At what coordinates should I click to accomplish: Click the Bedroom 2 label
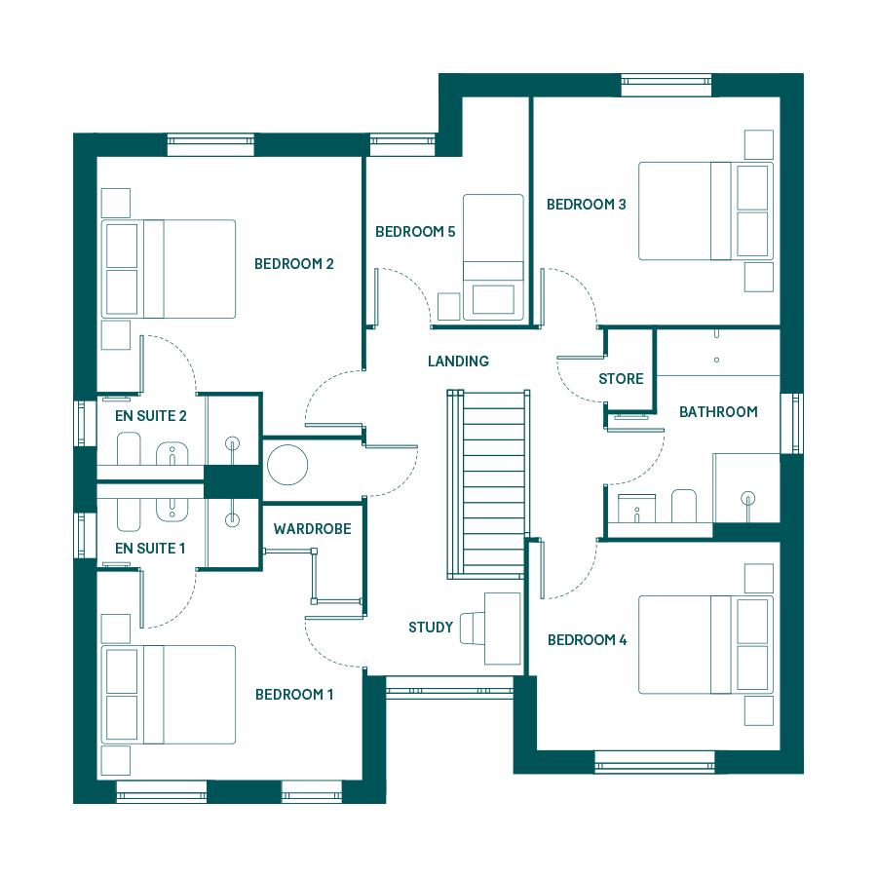tap(293, 263)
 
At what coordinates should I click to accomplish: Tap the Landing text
tap(458, 362)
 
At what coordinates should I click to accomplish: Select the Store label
tap(621, 379)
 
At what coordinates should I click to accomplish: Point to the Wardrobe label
tap(312, 528)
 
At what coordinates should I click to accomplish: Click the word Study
tap(431, 627)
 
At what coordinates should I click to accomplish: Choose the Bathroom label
tap(718, 411)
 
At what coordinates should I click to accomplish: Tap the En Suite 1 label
tap(150, 548)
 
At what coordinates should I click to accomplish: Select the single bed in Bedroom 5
tap(493, 257)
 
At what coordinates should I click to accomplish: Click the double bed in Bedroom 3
tap(705, 210)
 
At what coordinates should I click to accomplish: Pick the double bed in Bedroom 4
tap(705, 645)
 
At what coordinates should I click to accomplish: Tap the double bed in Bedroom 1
tap(169, 695)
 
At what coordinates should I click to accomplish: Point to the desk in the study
tap(502, 629)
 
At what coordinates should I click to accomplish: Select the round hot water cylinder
tap(287, 465)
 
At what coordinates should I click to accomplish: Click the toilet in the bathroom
tap(683, 505)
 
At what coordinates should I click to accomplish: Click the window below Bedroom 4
tap(655, 762)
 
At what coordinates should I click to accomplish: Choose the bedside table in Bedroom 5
tap(448, 307)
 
